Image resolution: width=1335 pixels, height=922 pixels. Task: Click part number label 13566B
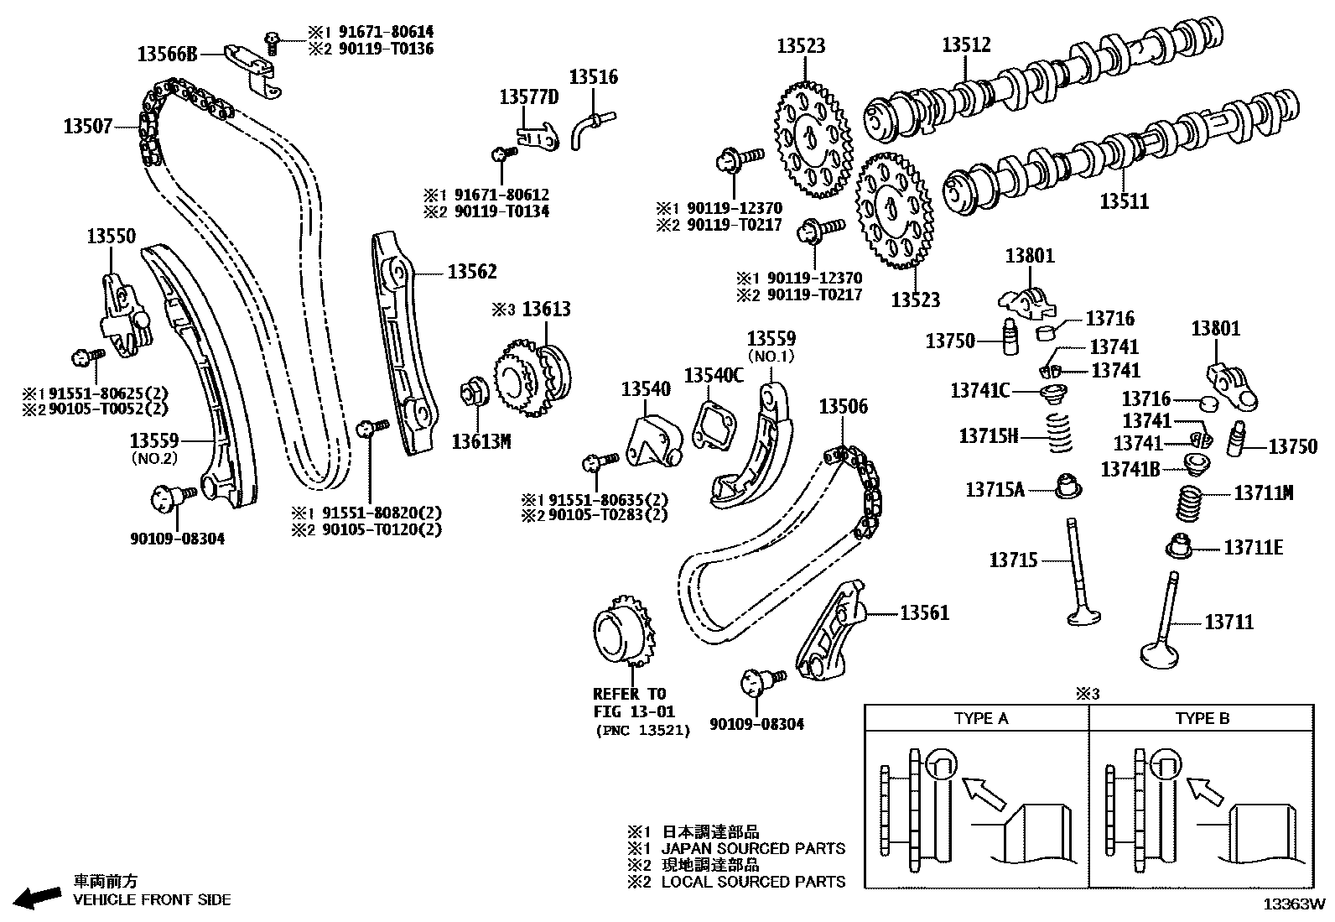[x=168, y=55]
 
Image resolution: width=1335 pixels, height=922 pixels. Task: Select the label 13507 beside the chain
[x=87, y=127]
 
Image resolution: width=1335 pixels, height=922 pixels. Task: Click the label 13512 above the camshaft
[x=966, y=45]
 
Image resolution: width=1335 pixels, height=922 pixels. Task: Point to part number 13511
[x=1124, y=202]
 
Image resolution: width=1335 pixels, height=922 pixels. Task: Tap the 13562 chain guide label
[x=471, y=272]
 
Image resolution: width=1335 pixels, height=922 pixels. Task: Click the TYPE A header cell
[x=980, y=718]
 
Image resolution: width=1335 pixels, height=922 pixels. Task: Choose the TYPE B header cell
[x=1202, y=718]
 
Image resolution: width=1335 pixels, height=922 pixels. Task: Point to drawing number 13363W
[x=1294, y=904]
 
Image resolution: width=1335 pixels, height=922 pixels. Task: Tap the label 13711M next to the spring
[x=1263, y=493]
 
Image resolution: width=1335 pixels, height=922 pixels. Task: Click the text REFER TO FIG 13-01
[x=629, y=703]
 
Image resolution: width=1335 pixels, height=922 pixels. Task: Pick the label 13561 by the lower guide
[x=924, y=613]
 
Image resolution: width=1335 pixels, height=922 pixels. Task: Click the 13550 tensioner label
[x=111, y=237]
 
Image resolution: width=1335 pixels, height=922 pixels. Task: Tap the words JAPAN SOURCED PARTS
[x=753, y=848]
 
